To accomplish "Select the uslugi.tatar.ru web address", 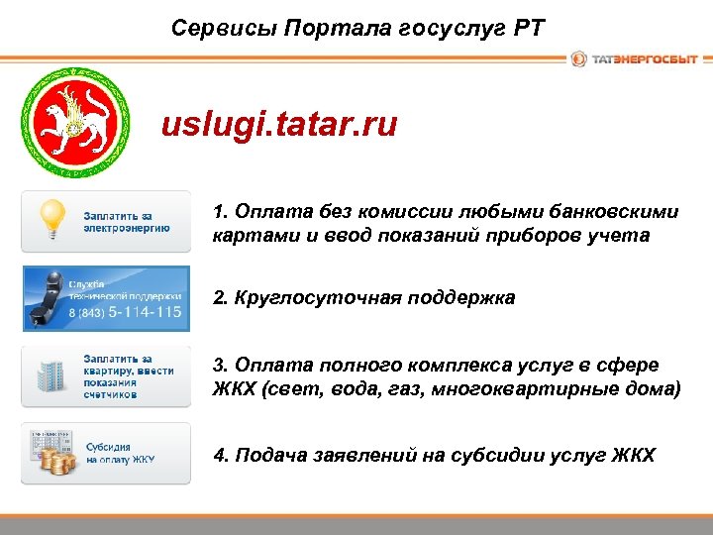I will pyautogui.click(x=279, y=126).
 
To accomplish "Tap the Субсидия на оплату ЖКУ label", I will pyautogui.click(x=120, y=454).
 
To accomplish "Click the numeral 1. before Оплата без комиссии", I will pyautogui.click(x=220, y=212).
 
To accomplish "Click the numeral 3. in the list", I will pyautogui.click(x=220, y=367).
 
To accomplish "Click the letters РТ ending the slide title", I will pyautogui.click(x=528, y=27).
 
